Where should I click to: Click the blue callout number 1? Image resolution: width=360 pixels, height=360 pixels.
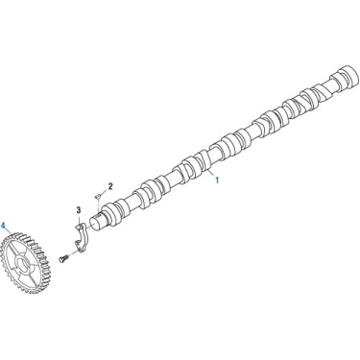217,180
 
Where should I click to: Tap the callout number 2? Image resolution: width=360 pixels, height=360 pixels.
110,186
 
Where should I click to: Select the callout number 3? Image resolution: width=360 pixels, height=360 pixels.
79,210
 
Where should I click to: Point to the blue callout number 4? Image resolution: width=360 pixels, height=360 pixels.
3,225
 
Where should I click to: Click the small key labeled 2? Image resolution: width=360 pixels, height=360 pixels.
98,196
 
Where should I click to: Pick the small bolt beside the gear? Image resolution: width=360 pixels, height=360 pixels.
63,258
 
